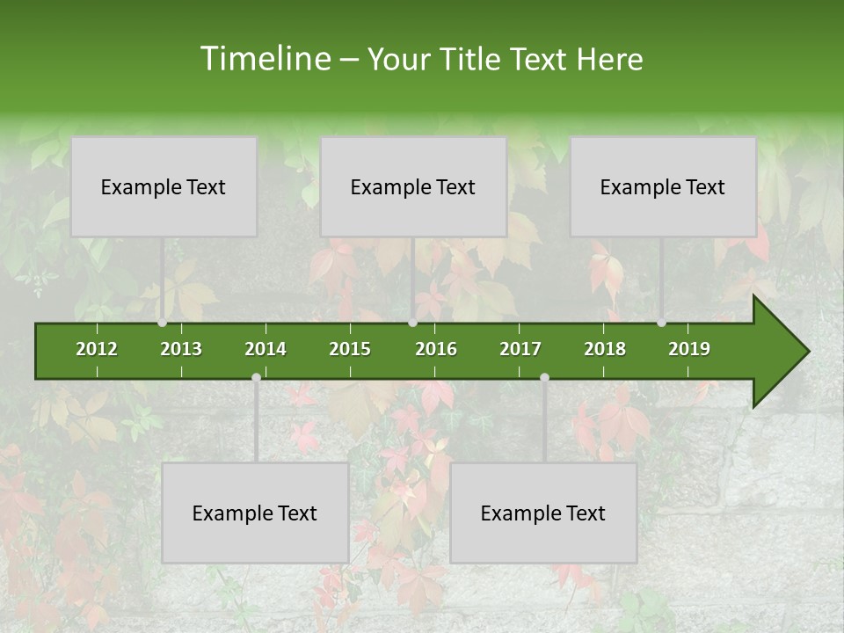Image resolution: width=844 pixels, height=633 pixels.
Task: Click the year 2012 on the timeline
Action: coord(97,349)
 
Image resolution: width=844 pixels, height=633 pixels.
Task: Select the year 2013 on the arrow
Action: coord(181,349)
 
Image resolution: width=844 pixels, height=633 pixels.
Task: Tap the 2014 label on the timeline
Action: coord(266,349)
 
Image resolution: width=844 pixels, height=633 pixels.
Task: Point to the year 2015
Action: coord(350,349)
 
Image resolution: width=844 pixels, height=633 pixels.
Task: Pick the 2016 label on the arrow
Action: coord(436,349)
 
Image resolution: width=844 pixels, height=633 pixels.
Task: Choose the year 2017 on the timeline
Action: coord(520,349)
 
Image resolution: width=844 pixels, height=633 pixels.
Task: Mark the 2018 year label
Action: coord(605,349)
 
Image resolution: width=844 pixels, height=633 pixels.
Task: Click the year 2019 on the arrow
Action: coord(689,349)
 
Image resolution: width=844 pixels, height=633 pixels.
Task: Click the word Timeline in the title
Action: coord(265,59)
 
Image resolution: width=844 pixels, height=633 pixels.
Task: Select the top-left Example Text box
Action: coord(164,186)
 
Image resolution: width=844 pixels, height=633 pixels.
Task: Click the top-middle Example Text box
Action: coord(413,186)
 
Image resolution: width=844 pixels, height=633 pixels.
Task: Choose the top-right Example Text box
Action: coord(663,186)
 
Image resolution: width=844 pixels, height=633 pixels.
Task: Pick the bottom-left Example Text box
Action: coord(255,513)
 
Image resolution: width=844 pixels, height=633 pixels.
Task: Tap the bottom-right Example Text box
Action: coord(543,513)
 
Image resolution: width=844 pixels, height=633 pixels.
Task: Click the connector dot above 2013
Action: coord(162,323)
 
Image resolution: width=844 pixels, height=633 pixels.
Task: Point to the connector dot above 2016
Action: coord(413,323)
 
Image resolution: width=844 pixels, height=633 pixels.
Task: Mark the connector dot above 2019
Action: coord(661,323)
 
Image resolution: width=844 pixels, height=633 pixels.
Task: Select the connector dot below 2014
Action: coord(256,377)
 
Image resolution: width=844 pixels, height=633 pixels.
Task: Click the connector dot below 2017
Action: coord(544,377)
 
